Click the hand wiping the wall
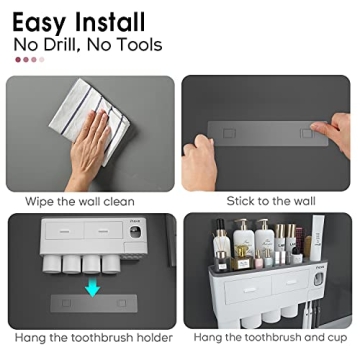92,140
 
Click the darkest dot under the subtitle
19,59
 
